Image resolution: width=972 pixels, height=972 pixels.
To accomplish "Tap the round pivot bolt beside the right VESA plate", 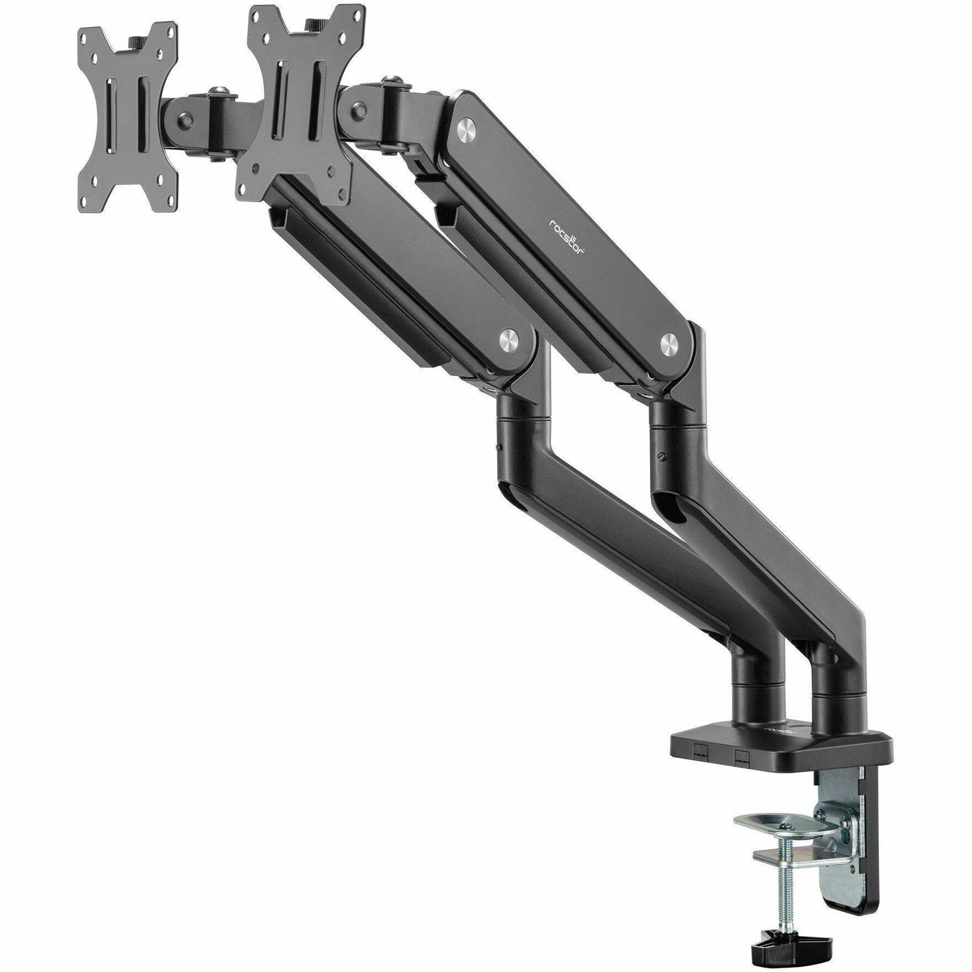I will pyautogui.click(x=361, y=109).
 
